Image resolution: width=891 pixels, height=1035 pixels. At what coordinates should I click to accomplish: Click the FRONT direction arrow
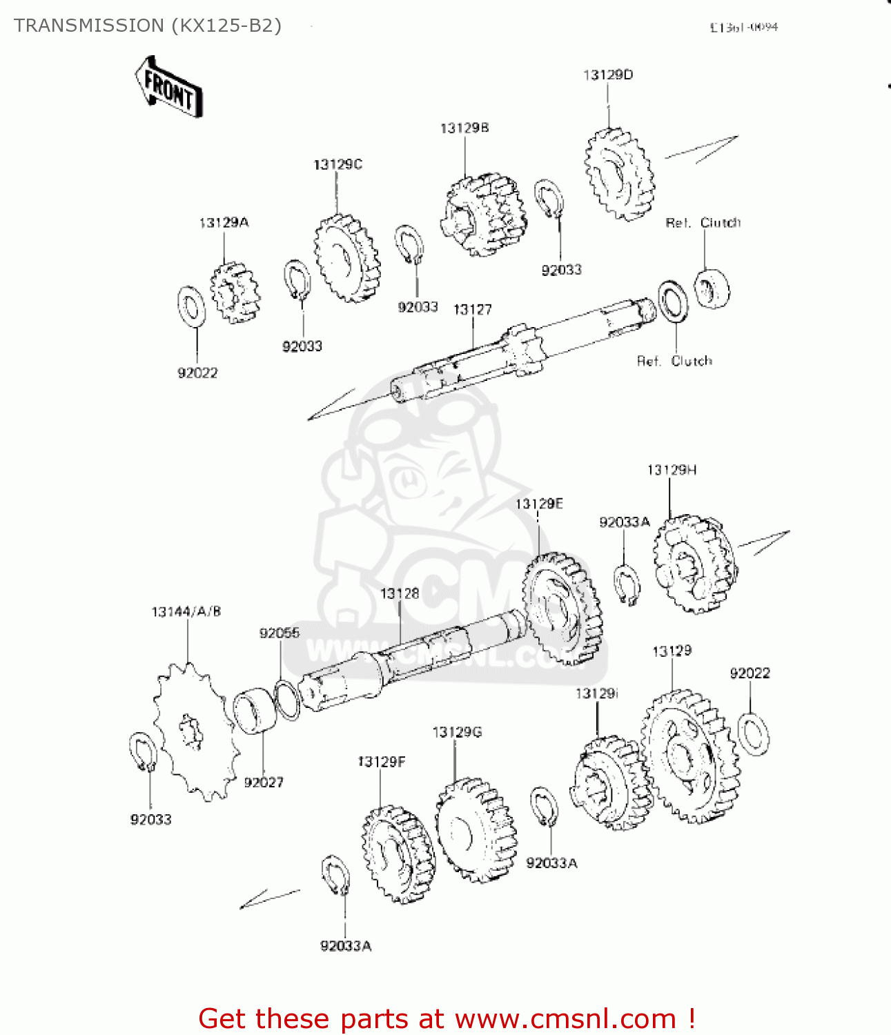pos(169,87)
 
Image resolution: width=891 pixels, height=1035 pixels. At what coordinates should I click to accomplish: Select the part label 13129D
pos(607,75)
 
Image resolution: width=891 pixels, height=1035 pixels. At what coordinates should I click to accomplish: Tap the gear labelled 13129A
pos(235,293)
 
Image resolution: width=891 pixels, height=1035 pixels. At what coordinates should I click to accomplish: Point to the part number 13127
pos(472,310)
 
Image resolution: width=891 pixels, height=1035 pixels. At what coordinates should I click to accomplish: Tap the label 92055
pos(280,633)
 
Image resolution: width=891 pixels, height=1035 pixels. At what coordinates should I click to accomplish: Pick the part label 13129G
pos(457,732)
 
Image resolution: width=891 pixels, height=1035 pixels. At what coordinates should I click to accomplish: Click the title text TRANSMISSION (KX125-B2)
pos(148,26)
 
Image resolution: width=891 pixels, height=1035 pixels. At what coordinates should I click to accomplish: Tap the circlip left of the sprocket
pos(143,752)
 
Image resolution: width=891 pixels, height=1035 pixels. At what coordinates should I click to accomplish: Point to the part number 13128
pos(400,593)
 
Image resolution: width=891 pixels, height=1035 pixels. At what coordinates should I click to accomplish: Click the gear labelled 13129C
pos(347,258)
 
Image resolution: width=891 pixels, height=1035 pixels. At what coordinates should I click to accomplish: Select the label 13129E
pos(539,504)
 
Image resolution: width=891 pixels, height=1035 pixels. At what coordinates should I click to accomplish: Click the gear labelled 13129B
pos(482,214)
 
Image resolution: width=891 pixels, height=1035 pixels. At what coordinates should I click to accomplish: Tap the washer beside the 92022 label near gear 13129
pos(754,733)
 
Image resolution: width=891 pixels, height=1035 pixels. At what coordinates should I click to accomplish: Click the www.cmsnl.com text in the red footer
pos(565,1018)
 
